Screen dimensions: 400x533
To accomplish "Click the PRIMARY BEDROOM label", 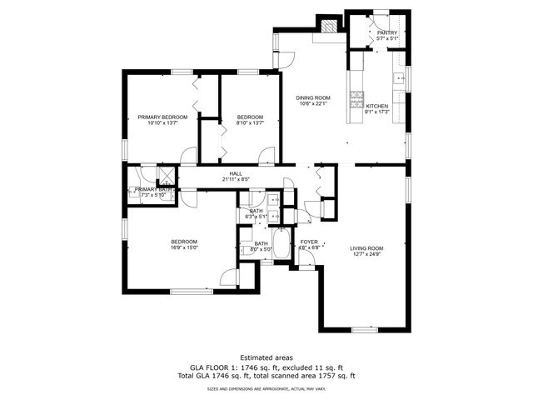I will [162, 117].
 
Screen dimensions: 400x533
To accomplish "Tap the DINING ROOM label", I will [314, 98].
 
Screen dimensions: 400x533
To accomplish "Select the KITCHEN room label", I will [377, 107].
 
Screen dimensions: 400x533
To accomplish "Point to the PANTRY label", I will [388, 32].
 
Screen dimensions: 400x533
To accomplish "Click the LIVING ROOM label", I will [366, 248].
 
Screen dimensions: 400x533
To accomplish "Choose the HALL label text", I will [237, 173].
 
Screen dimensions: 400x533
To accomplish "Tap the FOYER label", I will [309, 242].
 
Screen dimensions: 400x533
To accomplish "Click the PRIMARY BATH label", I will [153, 190].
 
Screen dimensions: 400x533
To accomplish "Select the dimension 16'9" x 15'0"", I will [184, 248].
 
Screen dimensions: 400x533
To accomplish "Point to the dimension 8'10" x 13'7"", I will [250, 123].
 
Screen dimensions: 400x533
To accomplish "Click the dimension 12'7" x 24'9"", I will [366, 254].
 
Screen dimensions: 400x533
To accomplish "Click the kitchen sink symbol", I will [399, 80].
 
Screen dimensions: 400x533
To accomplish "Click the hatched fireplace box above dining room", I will [329, 27].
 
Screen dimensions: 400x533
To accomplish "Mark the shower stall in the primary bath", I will [166, 175].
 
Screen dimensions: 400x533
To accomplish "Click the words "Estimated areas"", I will [266, 357].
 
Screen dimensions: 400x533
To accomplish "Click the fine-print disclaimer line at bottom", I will [266, 388].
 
